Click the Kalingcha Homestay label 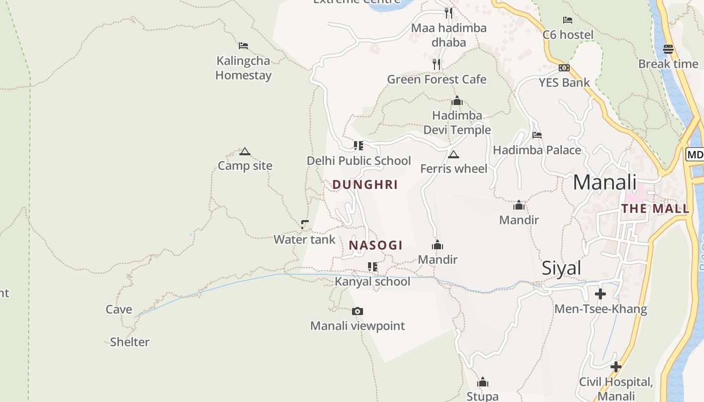click(243, 68)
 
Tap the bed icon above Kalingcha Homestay click(243, 46)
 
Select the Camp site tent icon click(245, 151)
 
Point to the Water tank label click(304, 239)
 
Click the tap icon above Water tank click(304, 224)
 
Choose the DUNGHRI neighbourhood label click(365, 184)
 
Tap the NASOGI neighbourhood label click(376, 245)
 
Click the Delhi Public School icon click(358, 146)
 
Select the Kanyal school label click(373, 281)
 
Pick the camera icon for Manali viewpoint click(357, 312)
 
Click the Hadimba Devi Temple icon click(457, 101)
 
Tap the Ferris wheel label click(454, 168)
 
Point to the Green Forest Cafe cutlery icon click(436, 64)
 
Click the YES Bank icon click(564, 68)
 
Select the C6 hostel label click(568, 35)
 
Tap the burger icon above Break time click(668, 49)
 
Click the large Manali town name click(604, 182)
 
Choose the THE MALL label click(655, 209)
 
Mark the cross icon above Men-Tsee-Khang click(600, 294)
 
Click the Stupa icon click(483, 382)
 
